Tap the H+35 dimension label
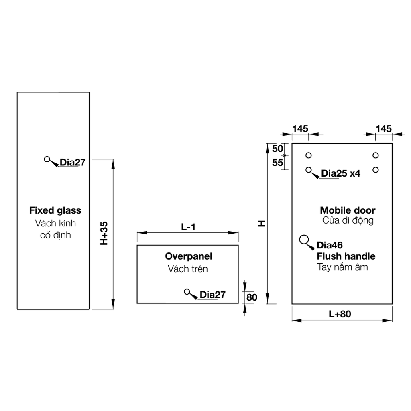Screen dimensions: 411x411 [104, 233]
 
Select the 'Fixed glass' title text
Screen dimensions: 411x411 [55, 210]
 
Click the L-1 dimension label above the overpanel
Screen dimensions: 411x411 [188, 227]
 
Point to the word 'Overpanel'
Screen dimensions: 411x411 [189, 256]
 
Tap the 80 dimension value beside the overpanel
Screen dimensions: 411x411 [252, 297]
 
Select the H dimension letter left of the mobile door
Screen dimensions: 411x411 [261, 224]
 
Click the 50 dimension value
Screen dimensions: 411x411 [277, 149]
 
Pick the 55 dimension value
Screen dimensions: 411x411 [277, 163]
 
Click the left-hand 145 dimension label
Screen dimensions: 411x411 [300, 129]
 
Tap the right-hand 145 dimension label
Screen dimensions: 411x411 [383, 129]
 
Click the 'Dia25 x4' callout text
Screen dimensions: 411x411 [340, 173]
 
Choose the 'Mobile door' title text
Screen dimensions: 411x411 [348, 210]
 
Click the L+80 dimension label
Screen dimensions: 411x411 [340, 314]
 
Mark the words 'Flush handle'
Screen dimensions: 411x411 [346, 256]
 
